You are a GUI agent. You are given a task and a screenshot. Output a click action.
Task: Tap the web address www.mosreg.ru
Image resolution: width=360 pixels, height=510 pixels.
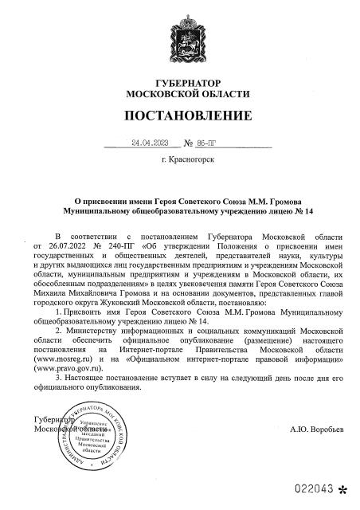(61, 360)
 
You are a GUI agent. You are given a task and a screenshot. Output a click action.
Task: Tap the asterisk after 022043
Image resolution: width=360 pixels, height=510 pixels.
(343, 487)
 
